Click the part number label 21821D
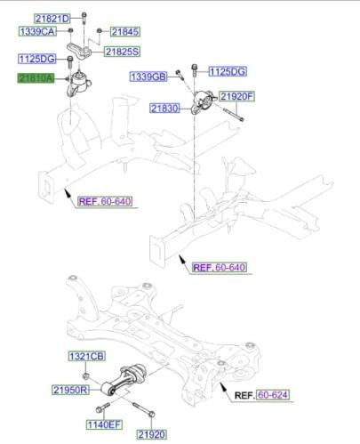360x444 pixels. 52,18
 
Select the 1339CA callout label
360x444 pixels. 37,31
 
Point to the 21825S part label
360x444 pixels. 123,52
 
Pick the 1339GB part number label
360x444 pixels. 148,77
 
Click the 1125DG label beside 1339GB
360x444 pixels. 228,70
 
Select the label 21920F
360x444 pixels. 237,95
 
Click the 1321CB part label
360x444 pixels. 87,357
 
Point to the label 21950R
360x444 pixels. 69,390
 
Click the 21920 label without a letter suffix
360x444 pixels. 151,434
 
